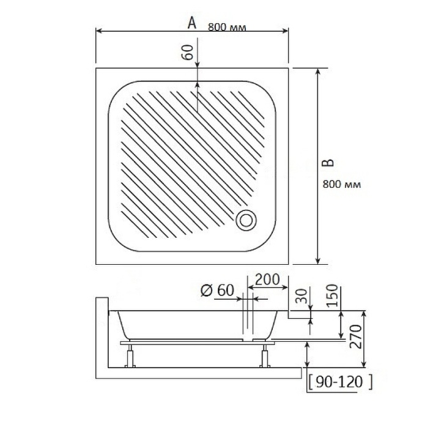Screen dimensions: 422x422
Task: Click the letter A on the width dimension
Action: [x=191, y=23]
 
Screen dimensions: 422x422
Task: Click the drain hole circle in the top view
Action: [x=247, y=220]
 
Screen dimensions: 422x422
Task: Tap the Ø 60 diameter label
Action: [x=217, y=291]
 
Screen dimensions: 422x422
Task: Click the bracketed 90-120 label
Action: [x=340, y=382]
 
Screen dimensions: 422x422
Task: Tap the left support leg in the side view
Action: [x=130, y=356]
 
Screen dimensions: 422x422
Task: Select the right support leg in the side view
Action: [x=265, y=356]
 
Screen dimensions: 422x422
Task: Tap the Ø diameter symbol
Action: [x=206, y=291]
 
